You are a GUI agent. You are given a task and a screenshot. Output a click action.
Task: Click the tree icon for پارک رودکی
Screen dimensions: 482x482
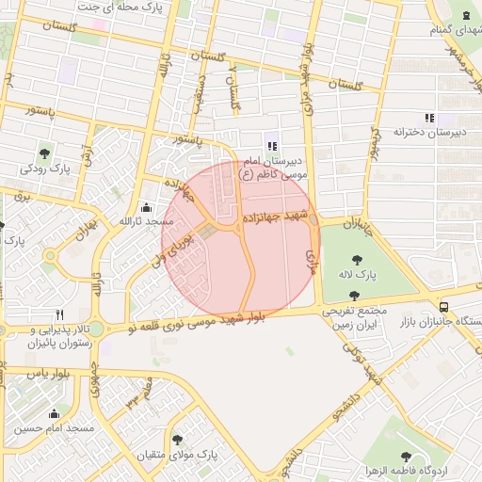tap(45, 153)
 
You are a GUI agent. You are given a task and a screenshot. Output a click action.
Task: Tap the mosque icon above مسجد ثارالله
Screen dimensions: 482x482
tap(145, 207)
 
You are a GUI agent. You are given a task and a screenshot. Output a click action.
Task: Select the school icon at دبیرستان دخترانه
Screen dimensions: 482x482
tap(429, 118)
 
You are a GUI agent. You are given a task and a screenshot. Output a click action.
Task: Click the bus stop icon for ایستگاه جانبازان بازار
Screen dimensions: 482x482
tap(443, 307)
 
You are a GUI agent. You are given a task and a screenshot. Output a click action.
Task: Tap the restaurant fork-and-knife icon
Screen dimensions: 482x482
tap(59, 314)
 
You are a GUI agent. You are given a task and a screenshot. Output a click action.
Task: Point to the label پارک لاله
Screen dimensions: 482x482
tap(359, 276)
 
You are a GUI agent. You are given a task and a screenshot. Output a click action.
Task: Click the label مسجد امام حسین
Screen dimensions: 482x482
tap(54, 428)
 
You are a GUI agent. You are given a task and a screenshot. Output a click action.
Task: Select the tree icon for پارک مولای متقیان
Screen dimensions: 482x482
tap(178, 440)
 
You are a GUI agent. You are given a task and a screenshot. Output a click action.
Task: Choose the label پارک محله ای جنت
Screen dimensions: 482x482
tap(134, 8)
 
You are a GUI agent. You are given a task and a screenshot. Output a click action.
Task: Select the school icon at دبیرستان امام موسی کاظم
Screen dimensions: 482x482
tap(272, 146)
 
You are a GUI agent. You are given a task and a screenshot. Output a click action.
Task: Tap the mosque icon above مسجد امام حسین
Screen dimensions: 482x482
tap(54, 413)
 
